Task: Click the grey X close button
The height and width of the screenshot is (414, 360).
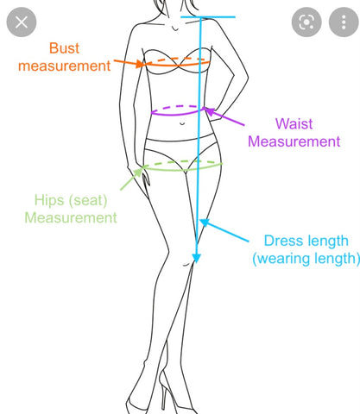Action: (22, 22)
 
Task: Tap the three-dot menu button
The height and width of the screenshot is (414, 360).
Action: (344, 22)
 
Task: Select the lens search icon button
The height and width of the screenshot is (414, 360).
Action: (306, 22)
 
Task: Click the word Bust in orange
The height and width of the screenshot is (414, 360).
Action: (64, 48)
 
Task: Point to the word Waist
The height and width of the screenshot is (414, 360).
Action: (294, 124)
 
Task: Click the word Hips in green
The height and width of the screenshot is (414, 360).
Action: (49, 200)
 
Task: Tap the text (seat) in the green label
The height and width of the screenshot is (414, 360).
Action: (88, 200)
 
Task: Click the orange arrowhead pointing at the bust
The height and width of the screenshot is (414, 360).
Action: (140, 64)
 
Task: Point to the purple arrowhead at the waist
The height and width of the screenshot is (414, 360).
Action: (209, 111)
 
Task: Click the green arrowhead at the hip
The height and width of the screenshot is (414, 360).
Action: (139, 172)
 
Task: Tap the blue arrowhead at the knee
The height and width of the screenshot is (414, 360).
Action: (197, 258)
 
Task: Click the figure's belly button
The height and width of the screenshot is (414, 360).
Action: (182, 123)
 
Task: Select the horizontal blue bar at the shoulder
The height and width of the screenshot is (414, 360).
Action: (208, 17)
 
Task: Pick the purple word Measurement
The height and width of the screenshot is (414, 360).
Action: (294, 141)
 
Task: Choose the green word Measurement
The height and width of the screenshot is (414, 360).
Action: (71, 217)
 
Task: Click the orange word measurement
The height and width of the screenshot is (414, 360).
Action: (65, 66)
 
